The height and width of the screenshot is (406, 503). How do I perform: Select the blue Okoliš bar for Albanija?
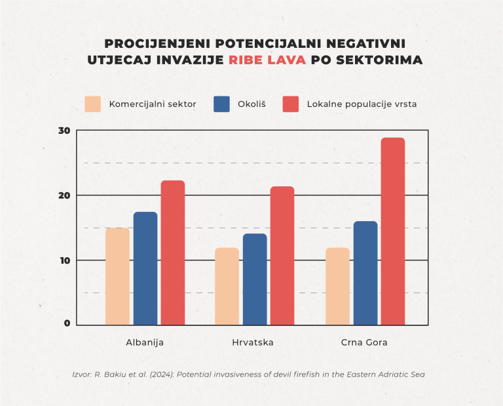[x=145, y=268]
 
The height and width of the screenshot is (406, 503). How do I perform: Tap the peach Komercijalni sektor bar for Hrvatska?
[x=227, y=286]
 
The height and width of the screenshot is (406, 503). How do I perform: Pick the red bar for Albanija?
[x=173, y=253]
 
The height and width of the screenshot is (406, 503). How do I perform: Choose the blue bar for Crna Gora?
[x=365, y=273]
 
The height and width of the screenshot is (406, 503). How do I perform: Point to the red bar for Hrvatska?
[x=282, y=256]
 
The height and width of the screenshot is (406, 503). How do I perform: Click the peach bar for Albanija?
[x=118, y=276]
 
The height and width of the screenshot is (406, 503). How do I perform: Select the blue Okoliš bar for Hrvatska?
[x=255, y=279]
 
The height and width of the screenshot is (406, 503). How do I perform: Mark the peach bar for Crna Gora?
[x=338, y=286]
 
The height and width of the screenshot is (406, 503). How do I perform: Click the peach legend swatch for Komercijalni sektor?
[x=93, y=104]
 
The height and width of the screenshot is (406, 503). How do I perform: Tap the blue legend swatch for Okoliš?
[x=222, y=104]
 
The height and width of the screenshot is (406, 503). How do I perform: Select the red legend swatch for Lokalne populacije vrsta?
[x=290, y=104]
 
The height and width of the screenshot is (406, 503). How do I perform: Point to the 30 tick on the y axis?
[x=64, y=131]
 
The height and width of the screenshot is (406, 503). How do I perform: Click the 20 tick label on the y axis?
[x=64, y=195]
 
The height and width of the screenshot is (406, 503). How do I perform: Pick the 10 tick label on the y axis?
[x=64, y=260]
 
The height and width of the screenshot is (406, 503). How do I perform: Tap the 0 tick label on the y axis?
[x=67, y=323]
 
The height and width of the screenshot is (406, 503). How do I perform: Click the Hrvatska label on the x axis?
[x=253, y=343]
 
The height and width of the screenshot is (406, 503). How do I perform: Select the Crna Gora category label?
[x=364, y=343]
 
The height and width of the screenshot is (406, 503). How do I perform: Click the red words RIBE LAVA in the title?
[x=267, y=60]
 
